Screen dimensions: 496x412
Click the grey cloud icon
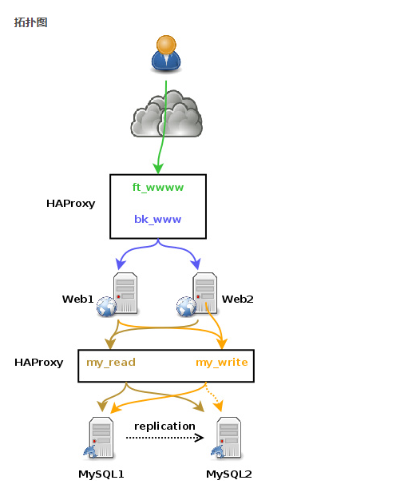click(166, 116)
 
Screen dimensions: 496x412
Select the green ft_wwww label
click(158, 187)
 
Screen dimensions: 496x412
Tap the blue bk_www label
click(157, 219)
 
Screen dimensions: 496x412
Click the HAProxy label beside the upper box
click(70, 204)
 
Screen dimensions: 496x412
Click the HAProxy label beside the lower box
click(38, 362)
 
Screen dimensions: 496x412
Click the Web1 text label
click(78, 299)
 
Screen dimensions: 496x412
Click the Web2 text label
click(237, 299)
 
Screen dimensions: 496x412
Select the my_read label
click(111, 362)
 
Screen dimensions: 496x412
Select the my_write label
click(221, 362)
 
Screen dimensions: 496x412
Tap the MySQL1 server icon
click(99, 438)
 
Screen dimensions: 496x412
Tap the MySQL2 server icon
click(226, 438)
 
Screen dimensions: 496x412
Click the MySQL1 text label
click(101, 474)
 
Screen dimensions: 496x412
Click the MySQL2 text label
click(228, 474)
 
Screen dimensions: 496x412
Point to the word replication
click(164, 426)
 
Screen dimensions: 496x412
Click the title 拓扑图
click(30, 22)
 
